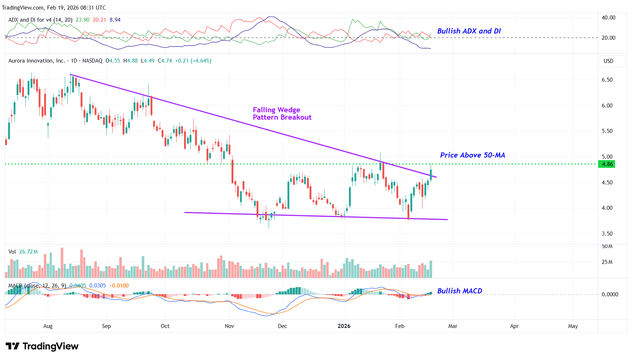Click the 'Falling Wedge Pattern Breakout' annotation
pyautogui.click(x=282, y=113)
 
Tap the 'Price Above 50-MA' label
pyautogui.click(x=472, y=155)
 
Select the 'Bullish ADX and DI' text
pyautogui.click(x=469, y=31)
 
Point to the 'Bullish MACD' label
pyautogui.click(x=459, y=291)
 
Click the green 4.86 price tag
pyautogui.click(x=607, y=164)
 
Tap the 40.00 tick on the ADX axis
pyautogui.click(x=608, y=18)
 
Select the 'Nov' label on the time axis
pyautogui.click(x=229, y=326)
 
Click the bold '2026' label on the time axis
pyautogui.click(x=344, y=326)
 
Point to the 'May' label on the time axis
pyautogui.click(x=573, y=326)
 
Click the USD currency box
pyautogui.click(x=608, y=61)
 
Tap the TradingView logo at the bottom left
pyautogui.click(x=42, y=346)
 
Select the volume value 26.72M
pyautogui.click(x=28, y=252)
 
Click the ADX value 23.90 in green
pyautogui.click(x=82, y=20)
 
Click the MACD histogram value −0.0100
pyautogui.click(x=119, y=286)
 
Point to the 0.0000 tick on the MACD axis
pyautogui.click(x=610, y=294)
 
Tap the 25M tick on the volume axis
pyautogui.click(x=607, y=262)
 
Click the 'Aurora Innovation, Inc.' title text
pyautogui.click(x=36, y=61)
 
